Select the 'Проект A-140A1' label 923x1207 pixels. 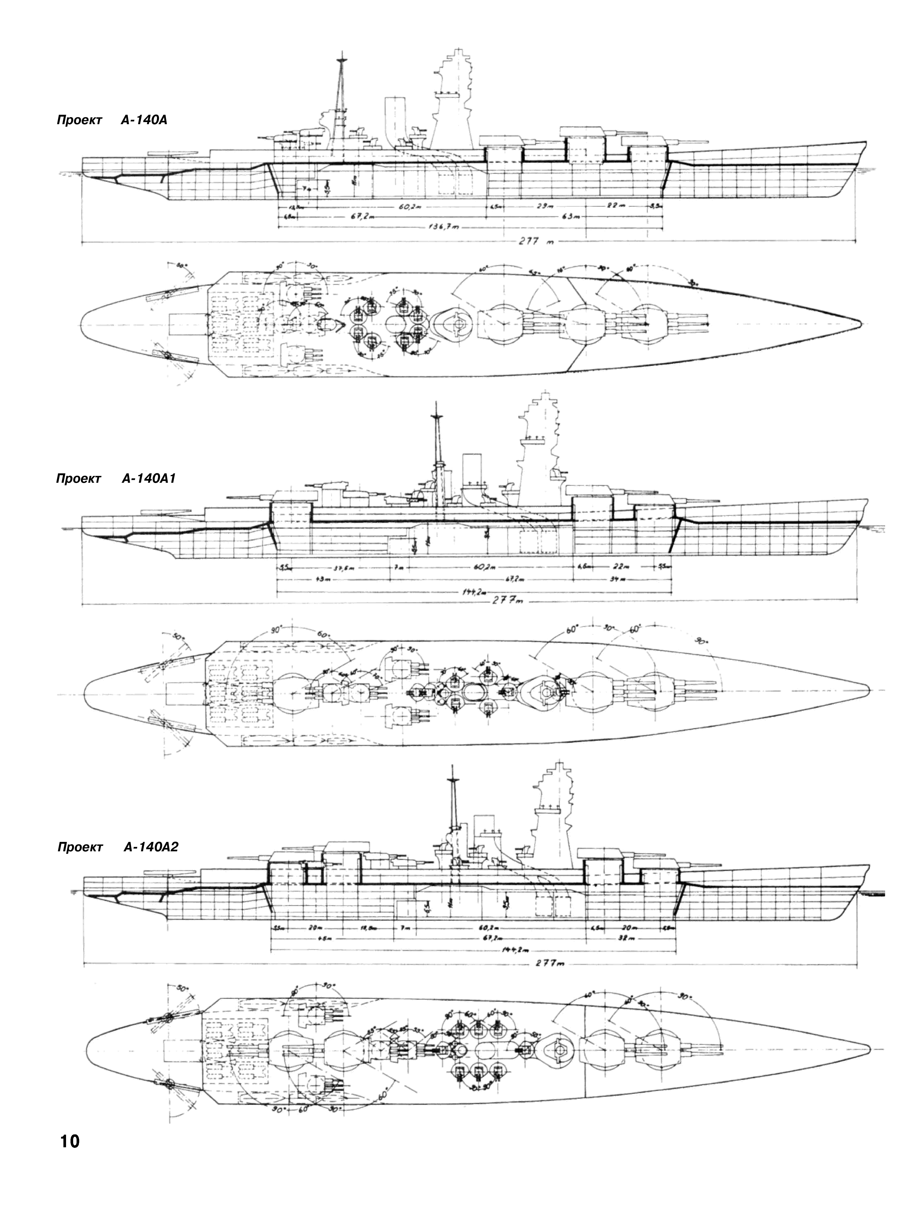pos(115,479)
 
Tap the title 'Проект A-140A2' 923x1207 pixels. pos(118,847)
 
